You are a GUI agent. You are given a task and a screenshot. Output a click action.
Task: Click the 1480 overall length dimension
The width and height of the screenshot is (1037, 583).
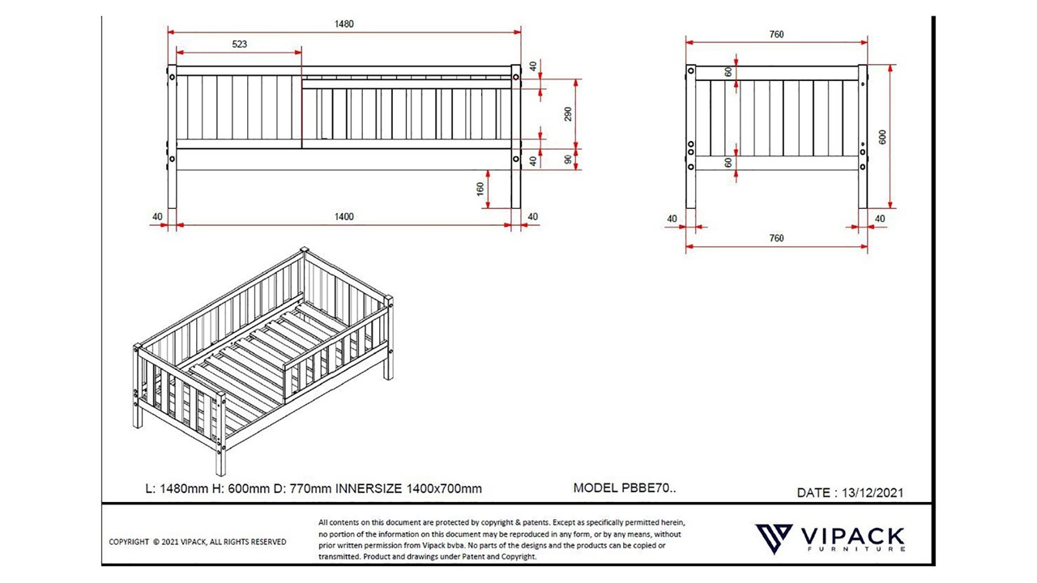pyautogui.click(x=344, y=24)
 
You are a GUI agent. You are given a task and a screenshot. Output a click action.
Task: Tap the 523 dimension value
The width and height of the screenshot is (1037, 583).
pyautogui.click(x=239, y=45)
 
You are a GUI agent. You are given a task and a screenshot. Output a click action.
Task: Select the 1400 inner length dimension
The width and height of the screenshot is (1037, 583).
pyautogui.click(x=344, y=216)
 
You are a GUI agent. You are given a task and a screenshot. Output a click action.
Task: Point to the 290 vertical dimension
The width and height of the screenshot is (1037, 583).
pyautogui.click(x=568, y=114)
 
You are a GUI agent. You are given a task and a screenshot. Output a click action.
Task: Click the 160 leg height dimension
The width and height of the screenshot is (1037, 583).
pyautogui.click(x=480, y=189)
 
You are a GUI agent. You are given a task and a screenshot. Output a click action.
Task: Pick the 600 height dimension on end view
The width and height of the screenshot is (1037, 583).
pyautogui.click(x=882, y=137)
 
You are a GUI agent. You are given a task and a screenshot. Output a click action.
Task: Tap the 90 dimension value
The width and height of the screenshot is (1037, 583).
pyautogui.click(x=568, y=160)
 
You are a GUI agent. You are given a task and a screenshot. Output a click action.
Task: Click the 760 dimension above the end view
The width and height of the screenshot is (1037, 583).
pyautogui.click(x=776, y=35)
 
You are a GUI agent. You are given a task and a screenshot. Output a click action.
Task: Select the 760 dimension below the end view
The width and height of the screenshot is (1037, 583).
pyautogui.click(x=776, y=238)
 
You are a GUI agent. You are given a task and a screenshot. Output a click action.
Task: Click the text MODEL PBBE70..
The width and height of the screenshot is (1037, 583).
pyautogui.click(x=625, y=487)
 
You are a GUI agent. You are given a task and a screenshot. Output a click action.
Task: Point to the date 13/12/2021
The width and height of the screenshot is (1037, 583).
pyautogui.click(x=873, y=493)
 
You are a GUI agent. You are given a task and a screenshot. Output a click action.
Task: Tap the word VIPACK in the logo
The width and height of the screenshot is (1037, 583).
pyautogui.click(x=853, y=536)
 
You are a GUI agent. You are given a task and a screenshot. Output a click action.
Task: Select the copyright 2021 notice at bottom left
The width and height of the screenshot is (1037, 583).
pyautogui.click(x=198, y=542)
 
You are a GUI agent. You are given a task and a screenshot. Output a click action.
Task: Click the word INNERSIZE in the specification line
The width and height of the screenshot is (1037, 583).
pyautogui.click(x=369, y=488)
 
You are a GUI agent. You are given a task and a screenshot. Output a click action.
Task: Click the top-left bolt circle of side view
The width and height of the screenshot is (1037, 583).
pyautogui.click(x=173, y=77)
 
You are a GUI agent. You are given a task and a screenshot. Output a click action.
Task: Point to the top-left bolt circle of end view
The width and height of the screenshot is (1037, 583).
pyautogui.click(x=691, y=70)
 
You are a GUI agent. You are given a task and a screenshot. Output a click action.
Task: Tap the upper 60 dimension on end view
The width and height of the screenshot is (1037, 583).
pyautogui.click(x=728, y=72)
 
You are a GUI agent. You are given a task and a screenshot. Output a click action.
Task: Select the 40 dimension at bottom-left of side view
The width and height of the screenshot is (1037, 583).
pyautogui.click(x=157, y=216)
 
